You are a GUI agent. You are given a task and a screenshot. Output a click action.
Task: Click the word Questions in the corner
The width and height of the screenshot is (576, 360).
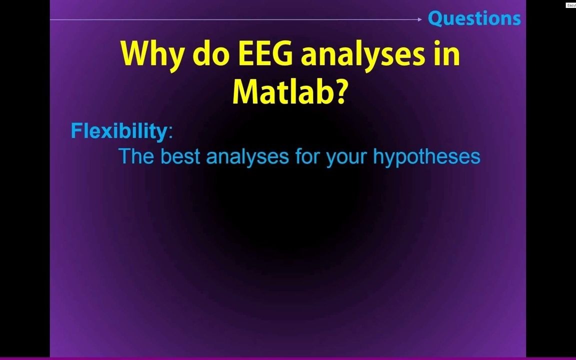[x=474, y=18]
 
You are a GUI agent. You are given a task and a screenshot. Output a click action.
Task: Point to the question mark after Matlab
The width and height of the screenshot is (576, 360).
[x=339, y=91]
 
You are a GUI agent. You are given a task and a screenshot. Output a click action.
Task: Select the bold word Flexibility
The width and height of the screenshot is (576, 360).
[x=119, y=131]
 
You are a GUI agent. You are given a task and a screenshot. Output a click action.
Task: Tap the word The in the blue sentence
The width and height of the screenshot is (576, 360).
[x=136, y=156]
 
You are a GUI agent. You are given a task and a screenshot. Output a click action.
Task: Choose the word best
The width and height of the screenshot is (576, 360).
[x=180, y=156]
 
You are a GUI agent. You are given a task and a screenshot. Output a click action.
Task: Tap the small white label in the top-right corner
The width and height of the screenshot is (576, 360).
[x=570, y=5]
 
